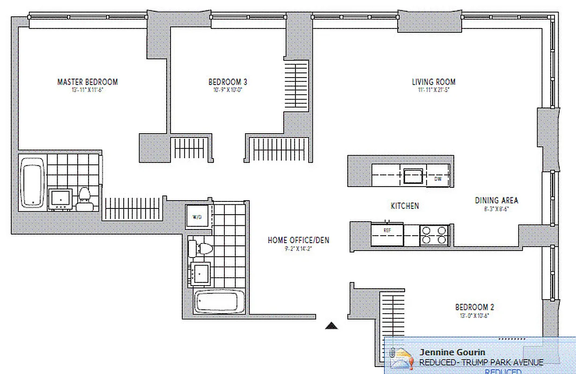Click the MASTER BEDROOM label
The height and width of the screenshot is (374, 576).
[x=87, y=82]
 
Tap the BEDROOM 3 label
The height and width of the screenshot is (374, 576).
[x=228, y=82]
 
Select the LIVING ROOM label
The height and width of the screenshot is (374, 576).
[x=433, y=82]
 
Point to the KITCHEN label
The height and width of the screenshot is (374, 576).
[x=405, y=206]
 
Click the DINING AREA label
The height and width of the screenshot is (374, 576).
[x=496, y=200]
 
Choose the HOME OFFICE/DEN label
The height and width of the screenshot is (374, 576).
[x=298, y=240]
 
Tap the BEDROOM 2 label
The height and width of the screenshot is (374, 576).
[x=474, y=307]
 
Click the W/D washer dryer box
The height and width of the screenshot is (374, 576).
[x=197, y=217]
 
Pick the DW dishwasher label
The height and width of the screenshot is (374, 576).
[x=438, y=179]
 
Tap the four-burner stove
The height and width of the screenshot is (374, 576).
[x=434, y=235]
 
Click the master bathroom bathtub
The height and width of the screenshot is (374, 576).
[x=32, y=182]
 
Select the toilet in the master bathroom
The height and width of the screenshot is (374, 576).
[x=84, y=198]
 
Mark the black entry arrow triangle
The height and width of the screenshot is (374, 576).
[x=332, y=326]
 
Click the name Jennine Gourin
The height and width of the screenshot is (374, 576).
[x=452, y=352]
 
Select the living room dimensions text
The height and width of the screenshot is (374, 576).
[x=433, y=90]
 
